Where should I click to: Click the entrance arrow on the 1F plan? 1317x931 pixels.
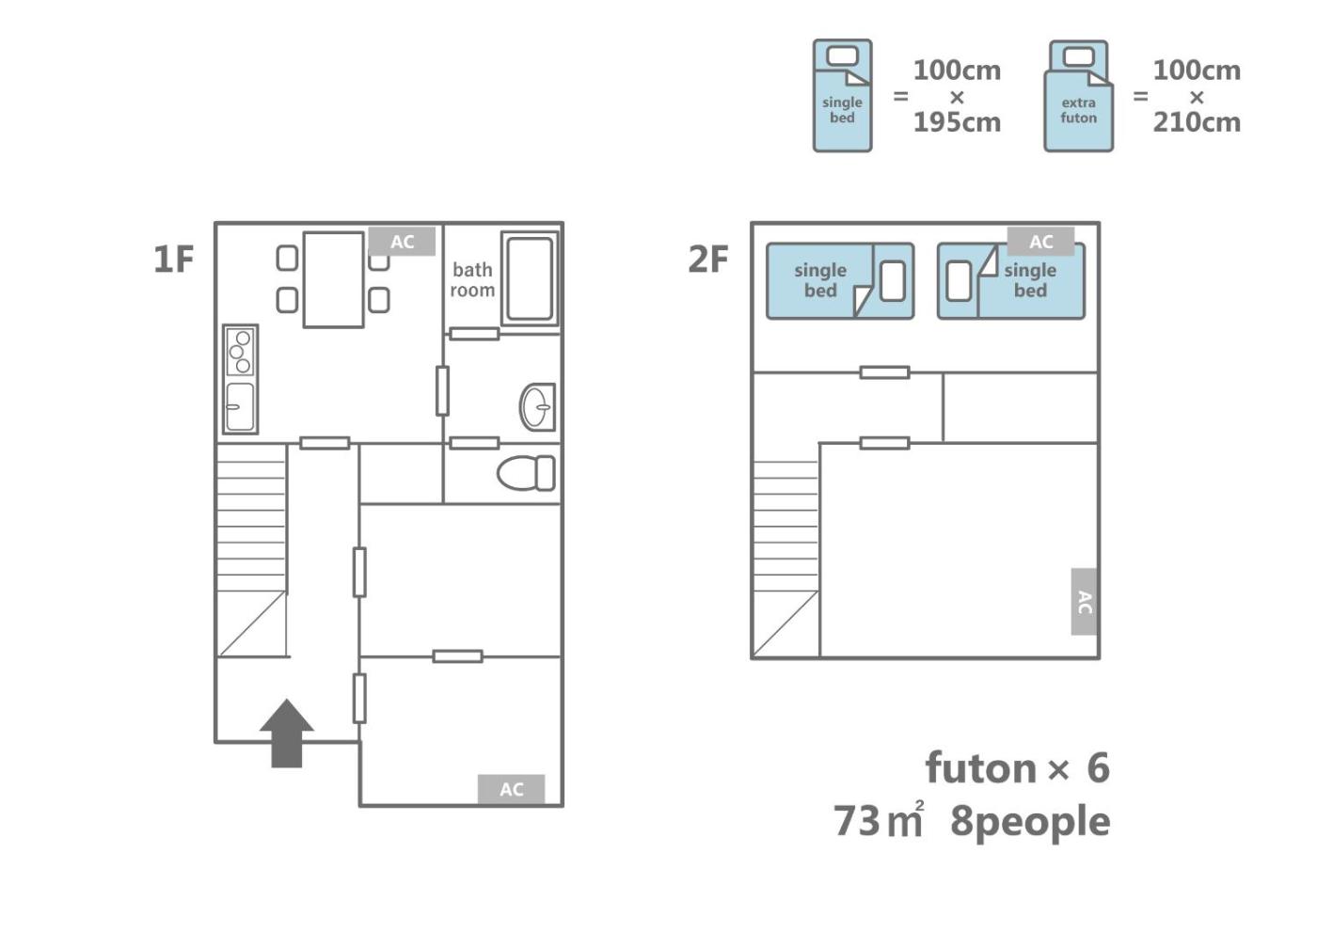287,734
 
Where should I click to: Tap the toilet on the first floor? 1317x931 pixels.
526,473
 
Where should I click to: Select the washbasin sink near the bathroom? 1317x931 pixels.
537,406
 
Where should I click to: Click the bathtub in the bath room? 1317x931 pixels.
530,278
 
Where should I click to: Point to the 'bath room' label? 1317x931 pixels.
472,280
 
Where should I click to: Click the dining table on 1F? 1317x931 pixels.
333,280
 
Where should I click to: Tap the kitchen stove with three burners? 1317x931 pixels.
241,352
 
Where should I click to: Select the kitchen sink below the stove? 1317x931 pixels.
241,406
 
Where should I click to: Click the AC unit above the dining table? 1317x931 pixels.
403,241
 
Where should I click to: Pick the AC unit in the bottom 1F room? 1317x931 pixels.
511,789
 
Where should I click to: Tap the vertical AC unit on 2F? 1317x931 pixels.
1084,601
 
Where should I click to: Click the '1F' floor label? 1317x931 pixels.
173,260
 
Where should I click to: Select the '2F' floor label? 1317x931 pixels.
708,260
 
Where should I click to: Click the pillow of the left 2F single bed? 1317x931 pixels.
893,281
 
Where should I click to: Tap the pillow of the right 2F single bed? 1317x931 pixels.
959,281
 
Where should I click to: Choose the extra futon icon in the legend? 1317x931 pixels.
1078,96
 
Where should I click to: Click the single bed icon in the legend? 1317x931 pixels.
843,96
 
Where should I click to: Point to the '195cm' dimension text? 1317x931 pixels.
958,122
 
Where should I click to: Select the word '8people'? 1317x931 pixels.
1030,821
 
